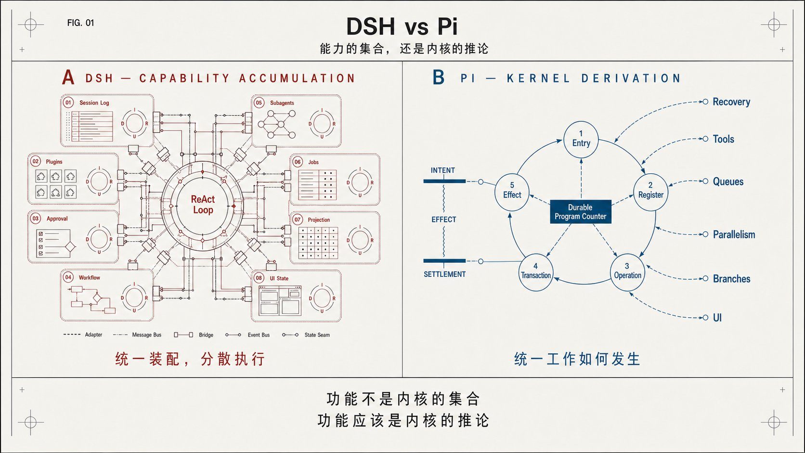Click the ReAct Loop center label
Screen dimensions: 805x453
click(203, 205)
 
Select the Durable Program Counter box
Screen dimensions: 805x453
click(580, 212)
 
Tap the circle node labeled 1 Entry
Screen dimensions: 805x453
click(581, 140)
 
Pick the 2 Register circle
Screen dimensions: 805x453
click(650, 192)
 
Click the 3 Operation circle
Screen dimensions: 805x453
click(627, 272)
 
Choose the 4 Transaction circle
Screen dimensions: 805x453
click(536, 272)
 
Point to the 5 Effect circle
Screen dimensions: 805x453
click(512, 192)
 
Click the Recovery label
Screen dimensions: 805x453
click(731, 102)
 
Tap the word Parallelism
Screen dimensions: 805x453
click(734, 234)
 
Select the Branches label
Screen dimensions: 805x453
click(732, 279)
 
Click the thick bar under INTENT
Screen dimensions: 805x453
click(444, 181)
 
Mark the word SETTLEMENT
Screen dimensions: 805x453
click(444, 274)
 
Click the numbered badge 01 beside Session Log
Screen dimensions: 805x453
click(68, 103)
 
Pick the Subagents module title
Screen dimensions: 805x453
click(282, 103)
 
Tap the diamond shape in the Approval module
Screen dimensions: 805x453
click(70, 246)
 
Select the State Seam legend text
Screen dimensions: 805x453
click(317, 335)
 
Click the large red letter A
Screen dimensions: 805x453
click(68, 77)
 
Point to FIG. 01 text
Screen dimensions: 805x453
click(80, 23)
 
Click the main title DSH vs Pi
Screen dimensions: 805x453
click(402, 26)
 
